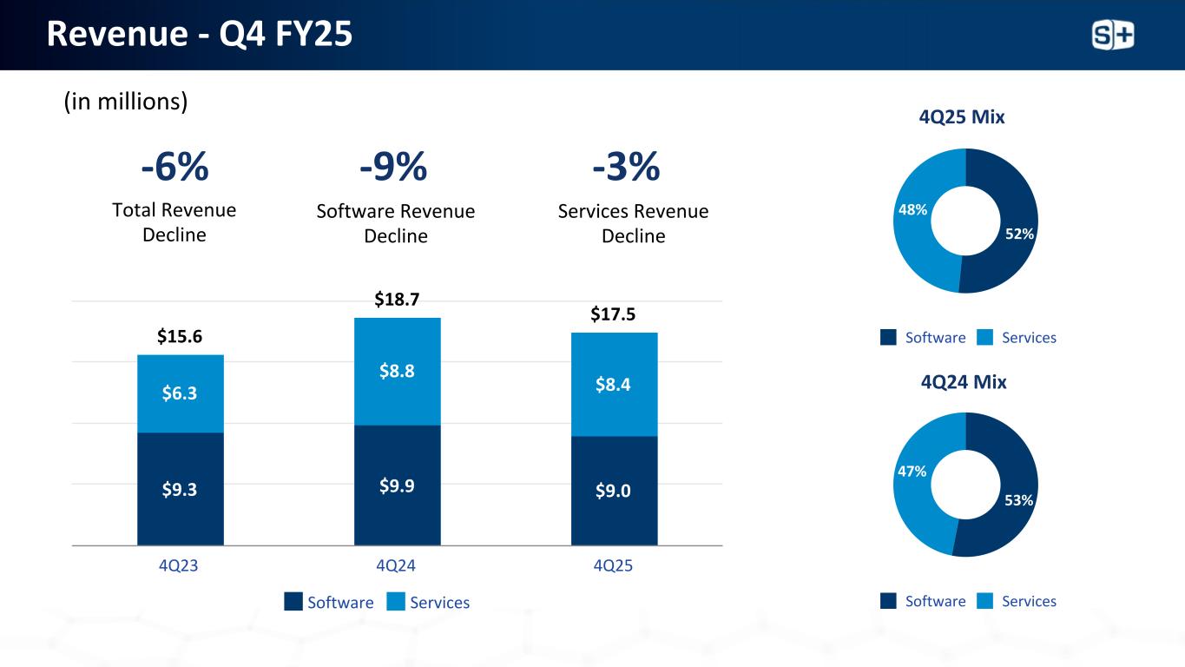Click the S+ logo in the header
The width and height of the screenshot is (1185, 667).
(x=1112, y=35)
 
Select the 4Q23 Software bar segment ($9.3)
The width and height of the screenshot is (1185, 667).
(x=180, y=489)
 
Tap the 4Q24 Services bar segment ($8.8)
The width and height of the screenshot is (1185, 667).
(x=397, y=371)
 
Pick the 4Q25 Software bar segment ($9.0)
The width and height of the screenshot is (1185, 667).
(x=614, y=491)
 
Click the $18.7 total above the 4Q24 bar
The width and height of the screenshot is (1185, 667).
(x=397, y=300)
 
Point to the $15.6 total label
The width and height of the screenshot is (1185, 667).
(x=180, y=337)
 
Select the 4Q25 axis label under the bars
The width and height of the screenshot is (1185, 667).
(x=613, y=565)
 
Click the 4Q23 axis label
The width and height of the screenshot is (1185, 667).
(x=178, y=565)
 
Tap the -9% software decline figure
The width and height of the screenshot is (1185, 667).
(x=393, y=168)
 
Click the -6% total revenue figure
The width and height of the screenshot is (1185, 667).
(x=174, y=168)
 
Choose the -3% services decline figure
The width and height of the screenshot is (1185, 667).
(x=626, y=168)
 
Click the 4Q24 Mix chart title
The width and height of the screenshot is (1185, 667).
(x=963, y=381)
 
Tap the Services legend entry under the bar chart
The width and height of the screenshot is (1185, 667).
(x=429, y=603)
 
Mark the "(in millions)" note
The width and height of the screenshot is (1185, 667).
(x=126, y=102)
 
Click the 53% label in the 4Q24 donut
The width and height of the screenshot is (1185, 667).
(x=1019, y=499)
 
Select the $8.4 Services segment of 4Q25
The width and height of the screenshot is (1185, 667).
(x=614, y=384)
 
